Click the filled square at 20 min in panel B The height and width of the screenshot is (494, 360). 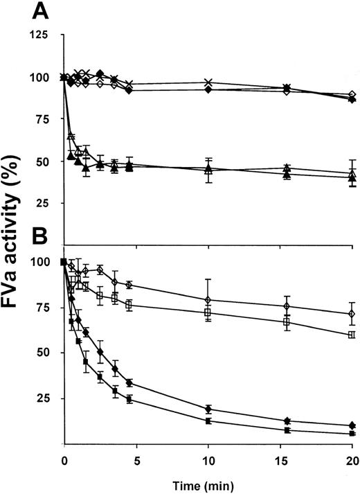352,434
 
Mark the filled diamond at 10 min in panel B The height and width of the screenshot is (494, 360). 208,409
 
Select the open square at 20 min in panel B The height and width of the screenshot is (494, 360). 352,335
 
